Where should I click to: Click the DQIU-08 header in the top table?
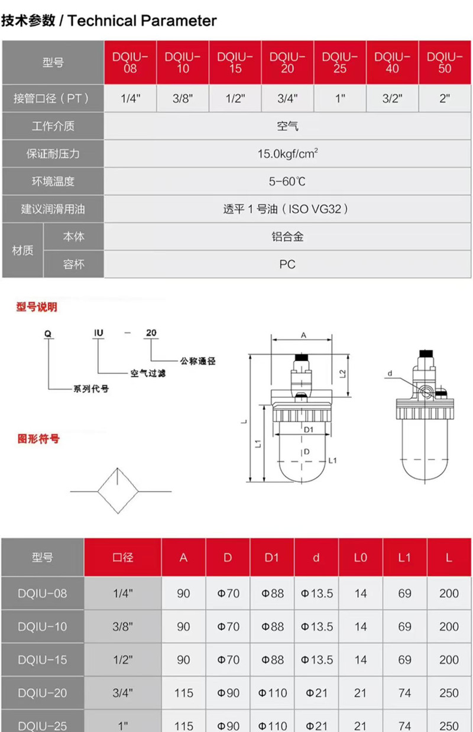130,62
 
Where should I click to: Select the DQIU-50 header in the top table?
445,62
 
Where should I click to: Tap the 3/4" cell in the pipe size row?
287,98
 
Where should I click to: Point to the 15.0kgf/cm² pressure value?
287,154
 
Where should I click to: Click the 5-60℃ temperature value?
287,182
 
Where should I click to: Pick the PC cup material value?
287,264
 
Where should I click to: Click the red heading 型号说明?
37,307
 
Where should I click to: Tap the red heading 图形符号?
38,439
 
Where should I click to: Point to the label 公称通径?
197,361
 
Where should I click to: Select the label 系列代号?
90,388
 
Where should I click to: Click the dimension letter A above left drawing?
303,335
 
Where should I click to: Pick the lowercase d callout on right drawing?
390,374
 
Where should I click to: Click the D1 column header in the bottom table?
271,557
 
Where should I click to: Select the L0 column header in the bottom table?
360,557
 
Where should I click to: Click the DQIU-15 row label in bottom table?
43,659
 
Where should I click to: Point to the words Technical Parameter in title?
142,21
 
